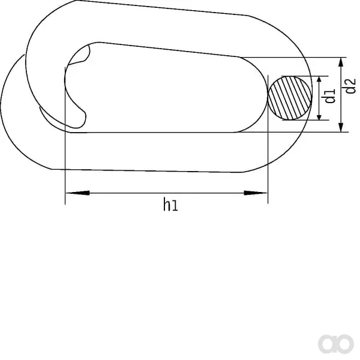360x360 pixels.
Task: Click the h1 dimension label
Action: pyautogui.click(x=170, y=205)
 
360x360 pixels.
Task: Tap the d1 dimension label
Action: pyautogui.click(x=329, y=96)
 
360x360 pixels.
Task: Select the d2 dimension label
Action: pyautogui.click(x=350, y=86)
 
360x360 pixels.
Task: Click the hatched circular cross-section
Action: pyautogui.click(x=290, y=98)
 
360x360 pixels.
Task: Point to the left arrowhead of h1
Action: pyautogui.click(x=77, y=193)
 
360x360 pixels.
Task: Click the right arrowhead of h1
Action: pyautogui.click(x=256, y=193)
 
